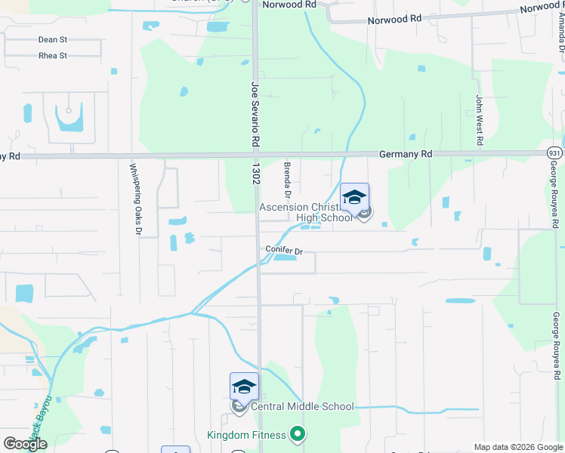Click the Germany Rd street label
click(x=406, y=153)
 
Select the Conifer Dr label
click(x=283, y=249)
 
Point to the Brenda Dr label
click(x=287, y=176)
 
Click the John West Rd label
click(x=479, y=120)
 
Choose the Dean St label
click(x=52, y=40)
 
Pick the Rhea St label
click(x=52, y=56)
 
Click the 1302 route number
click(x=257, y=172)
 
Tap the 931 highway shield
click(x=555, y=153)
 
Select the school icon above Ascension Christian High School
click(x=354, y=198)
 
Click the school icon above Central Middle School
click(x=244, y=387)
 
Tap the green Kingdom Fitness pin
click(x=298, y=434)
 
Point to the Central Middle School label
click(x=302, y=407)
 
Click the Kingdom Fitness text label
click(x=247, y=435)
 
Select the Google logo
click(x=26, y=443)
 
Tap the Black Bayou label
click(x=42, y=415)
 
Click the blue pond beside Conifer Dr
click(x=284, y=257)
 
